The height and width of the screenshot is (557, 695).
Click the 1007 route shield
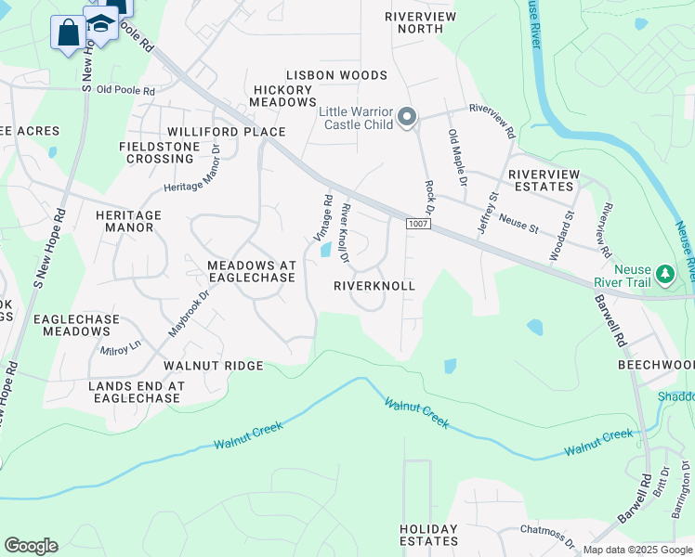click(416, 224)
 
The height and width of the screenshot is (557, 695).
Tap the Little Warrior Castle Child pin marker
click(406, 118)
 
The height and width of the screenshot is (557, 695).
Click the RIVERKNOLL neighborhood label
click(374, 287)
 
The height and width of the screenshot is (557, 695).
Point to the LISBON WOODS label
click(336, 75)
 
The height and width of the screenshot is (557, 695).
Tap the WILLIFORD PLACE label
click(227, 132)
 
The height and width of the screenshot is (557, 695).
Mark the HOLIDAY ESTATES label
click(429, 535)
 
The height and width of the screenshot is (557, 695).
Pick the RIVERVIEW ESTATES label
click(544, 180)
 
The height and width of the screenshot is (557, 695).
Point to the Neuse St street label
click(518, 220)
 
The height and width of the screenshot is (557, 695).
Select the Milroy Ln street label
click(122, 345)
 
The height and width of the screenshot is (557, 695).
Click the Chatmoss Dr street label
click(549, 535)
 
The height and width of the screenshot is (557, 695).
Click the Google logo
click(31, 546)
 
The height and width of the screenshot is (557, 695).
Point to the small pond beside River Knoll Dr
click(326, 249)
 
